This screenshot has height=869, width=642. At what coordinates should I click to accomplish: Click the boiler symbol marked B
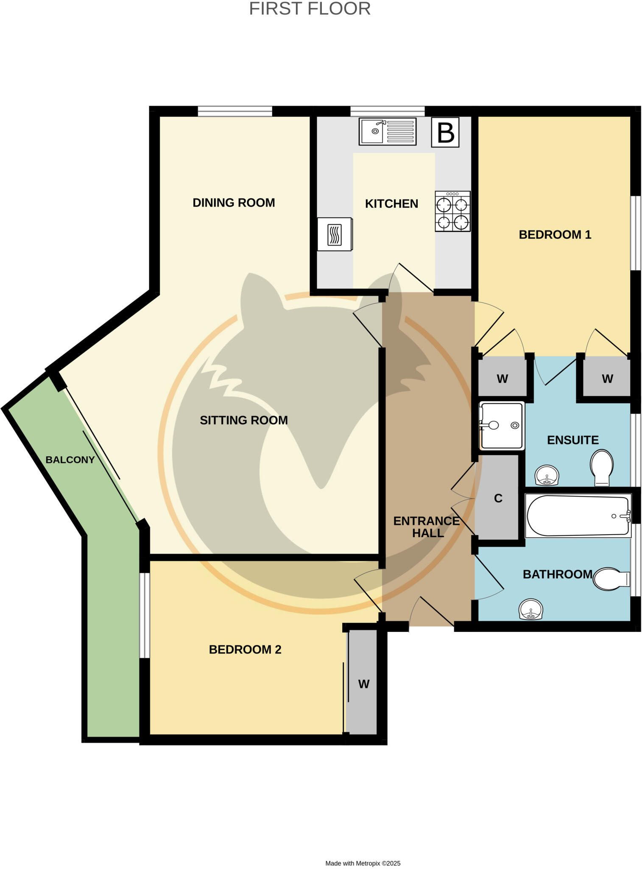445,132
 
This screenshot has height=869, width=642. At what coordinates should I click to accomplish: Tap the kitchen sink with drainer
388,131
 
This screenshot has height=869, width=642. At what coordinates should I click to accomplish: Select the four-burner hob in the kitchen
452,211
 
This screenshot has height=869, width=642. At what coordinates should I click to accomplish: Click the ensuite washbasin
547,476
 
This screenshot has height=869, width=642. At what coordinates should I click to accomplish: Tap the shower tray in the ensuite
502,425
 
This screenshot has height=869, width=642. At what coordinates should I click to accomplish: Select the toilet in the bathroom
611,579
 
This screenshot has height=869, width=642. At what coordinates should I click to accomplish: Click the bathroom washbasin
530,609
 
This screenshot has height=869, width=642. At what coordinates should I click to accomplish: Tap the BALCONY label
70,460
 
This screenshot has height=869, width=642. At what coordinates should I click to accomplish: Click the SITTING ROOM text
244,420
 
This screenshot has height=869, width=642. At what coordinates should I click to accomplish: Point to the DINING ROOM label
234,203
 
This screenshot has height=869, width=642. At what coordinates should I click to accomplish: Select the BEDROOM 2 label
245,650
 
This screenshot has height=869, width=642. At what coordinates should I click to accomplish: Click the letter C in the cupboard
498,498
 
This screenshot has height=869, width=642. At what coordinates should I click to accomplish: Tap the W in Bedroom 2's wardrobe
363,684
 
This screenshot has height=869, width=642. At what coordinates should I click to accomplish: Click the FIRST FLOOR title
310,9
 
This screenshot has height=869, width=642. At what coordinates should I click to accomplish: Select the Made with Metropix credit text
363,863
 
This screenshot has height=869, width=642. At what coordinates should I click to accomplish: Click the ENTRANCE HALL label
427,527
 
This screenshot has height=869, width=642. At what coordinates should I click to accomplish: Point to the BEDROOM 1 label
555,235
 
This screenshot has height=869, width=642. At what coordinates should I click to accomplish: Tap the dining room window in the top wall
235,111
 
